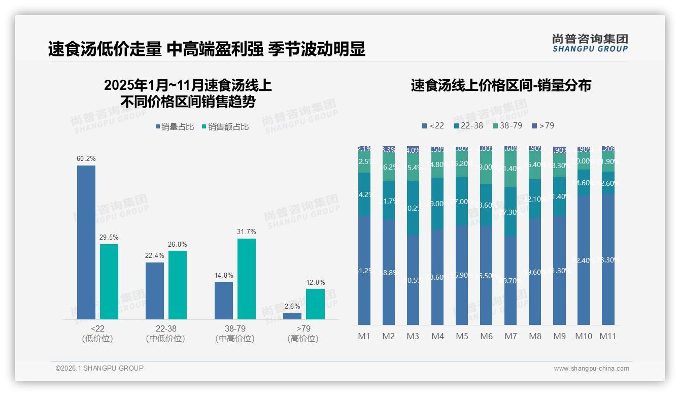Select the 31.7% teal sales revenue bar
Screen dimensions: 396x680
click(247, 279)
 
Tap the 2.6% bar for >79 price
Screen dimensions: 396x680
click(292, 316)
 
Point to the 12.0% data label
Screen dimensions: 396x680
click(315, 282)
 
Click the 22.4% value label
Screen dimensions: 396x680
click(154, 255)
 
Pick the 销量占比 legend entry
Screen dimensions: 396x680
click(175, 127)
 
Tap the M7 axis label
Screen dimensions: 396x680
click(511, 336)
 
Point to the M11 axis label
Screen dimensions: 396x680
click(608, 336)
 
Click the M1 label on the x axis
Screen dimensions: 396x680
click(364, 336)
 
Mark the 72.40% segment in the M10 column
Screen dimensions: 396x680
click(584, 260)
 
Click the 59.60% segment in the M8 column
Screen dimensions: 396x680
click(535, 272)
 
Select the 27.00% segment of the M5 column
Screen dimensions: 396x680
click(462, 202)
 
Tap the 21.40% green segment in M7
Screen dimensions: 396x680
click(511, 168)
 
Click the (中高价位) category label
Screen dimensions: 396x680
click(234, 339)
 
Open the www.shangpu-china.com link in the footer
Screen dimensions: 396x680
click(591, 368)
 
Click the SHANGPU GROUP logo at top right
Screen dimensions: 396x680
click(590, 43)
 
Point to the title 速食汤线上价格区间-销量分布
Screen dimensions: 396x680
click(501, 85)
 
